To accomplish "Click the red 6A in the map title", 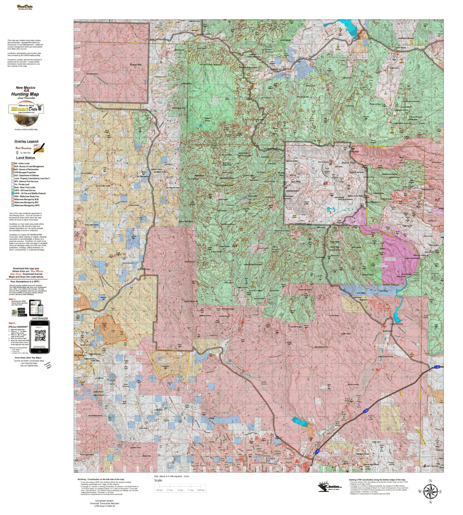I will pos(26,91).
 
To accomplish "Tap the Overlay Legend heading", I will pos(26,141).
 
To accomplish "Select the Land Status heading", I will pos(25,158).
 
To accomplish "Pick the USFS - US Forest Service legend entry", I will pos(25,190).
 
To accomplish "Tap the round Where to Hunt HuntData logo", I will pos(26,114).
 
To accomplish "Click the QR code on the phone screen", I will pos(39,336).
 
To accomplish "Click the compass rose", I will pos(430,491).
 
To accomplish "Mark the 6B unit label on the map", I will pos(326,183).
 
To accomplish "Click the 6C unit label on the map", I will pos(437,199).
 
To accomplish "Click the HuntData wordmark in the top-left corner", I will pos(25,7).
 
